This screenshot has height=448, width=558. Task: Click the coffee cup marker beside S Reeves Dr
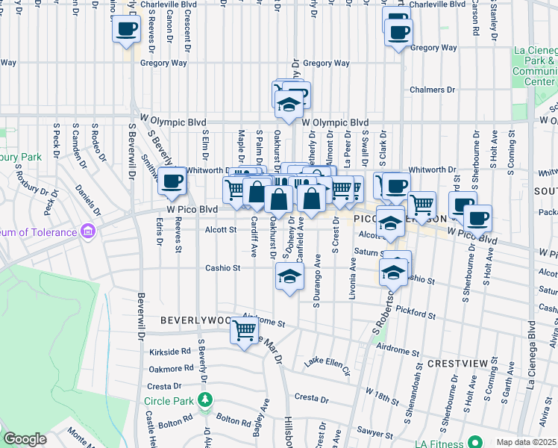pyautogui.click(x=126, y=30)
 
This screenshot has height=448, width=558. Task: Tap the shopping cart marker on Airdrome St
pyautogui.click(x=244, y=329)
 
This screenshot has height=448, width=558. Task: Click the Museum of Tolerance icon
pyautogui.click(x=89, y=231)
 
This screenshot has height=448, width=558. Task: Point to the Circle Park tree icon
pyautogui.click(x=204, y=401)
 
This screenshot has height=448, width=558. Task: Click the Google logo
pyautogui.click(x=25, y=439)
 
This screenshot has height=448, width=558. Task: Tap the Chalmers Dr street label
pyautogui.click(x=432, y=90)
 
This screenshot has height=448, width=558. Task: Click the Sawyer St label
pyautogui.click(x=374, y=432)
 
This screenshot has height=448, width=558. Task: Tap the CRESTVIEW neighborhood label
pyautogui.click(x=457, y=363)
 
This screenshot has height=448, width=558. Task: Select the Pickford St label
pyautogui.click(x=416, y=311)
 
